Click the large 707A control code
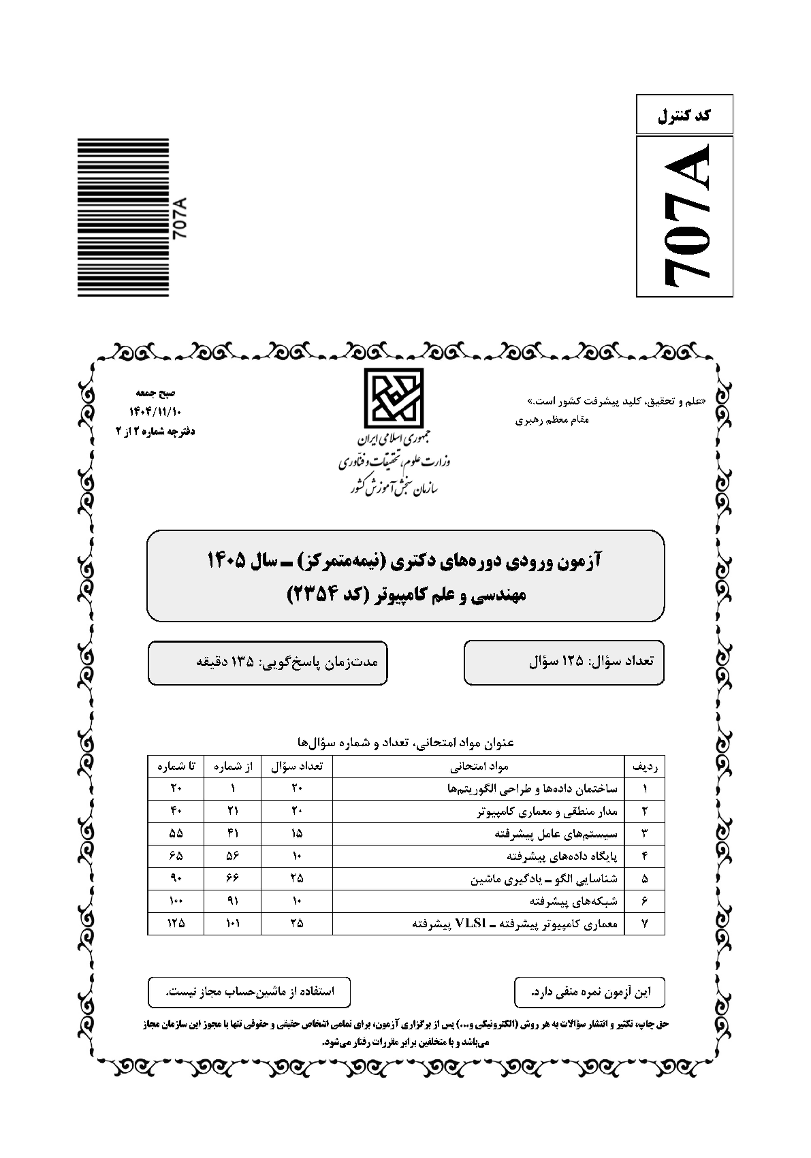coord(684,216)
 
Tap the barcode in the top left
coord(123,217)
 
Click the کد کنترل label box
coord(684,114)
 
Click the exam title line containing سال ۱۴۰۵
coord(405,560)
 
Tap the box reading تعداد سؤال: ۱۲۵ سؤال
coord(564,661)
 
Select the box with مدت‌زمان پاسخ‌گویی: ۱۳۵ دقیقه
coord(268,661)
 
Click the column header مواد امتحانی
coord(479,766)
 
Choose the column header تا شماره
coord(176,766)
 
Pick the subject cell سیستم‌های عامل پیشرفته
coord(556,833)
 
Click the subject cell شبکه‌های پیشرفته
coord(573,901)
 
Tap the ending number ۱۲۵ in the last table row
coord(176,923)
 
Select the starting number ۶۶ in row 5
coord(233,878)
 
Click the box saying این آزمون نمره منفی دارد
coord(590,992)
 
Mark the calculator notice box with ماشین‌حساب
coord(249,992)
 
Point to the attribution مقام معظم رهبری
coord(552,420)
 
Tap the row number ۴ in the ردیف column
coord(644,856)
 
